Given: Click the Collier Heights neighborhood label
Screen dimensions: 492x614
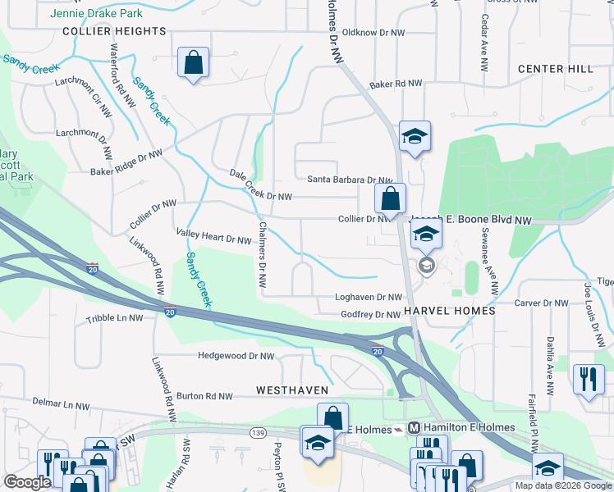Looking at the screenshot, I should pyautogui.click(x=114, y=31).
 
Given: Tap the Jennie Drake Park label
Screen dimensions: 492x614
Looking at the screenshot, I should pyautogui.click(x=96, y=14).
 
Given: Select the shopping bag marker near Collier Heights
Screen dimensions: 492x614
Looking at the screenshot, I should pyautogui.click(x=193, y=62).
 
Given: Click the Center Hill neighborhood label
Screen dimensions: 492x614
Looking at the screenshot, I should pyautogui.click(x=556, y=69).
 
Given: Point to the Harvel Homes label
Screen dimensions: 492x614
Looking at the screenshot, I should pyautogui.click(x=450, y=312).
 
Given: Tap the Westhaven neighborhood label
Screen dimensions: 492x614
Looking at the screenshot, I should pyautogui.click(x=292, y=389).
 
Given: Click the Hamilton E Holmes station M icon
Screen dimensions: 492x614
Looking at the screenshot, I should pyautogui.click(x=415, y=427).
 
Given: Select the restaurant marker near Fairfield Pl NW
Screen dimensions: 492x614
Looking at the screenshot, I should pyautogui.click(x=589, y=379).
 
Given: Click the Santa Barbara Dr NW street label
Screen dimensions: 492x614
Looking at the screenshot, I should pyautogui.click(x=350, y=180).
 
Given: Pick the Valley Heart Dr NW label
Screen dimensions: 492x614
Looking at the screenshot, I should pyautogui.click(x=213, y=236).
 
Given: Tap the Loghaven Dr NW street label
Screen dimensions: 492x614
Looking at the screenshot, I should pyautogui.click(x=369, y=298).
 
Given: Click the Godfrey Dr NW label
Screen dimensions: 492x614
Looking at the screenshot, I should pyautogui.click(x=371, y=315).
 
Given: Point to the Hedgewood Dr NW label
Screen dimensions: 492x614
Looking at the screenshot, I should pyautogui.click(x=236, y=356).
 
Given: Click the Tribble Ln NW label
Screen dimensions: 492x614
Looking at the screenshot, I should pyautogui.click(x=113, y=317).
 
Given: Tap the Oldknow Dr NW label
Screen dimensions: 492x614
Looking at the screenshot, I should pyautogui.click(x=373, y=33).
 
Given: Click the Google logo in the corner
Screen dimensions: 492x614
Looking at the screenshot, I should pyautogui.click(x=27, y=482).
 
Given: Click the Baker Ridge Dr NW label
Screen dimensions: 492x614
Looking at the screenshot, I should pyautogui.click(x=126, y=162).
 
